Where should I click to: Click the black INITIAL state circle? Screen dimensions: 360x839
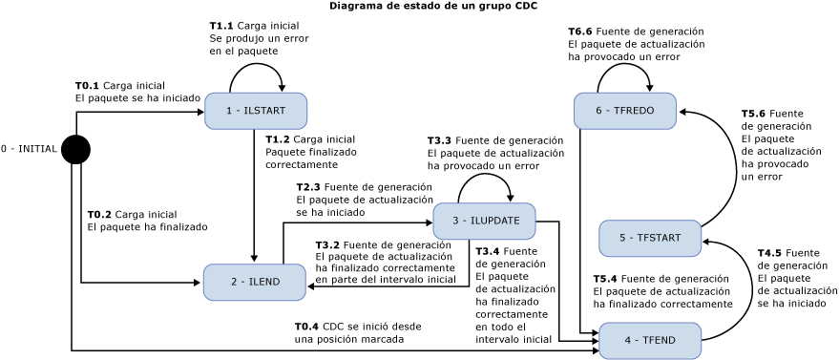[x=75, y=150]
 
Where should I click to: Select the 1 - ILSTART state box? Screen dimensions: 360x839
[x=255, y=111]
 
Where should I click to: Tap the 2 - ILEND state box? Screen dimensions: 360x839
[x=255, y=282]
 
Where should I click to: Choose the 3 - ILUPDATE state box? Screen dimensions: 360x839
[x=484, y=221]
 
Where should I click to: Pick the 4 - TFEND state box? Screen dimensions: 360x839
[x=649, y=340]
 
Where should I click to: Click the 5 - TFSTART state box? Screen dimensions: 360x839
[x=649, y=238]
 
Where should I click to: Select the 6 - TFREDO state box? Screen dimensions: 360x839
[x=624, y=111]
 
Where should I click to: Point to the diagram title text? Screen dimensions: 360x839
[x=433, y=6]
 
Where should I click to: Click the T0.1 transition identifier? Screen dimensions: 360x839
[x=87, y=86]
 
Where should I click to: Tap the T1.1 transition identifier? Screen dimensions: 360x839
[x=221, y=26]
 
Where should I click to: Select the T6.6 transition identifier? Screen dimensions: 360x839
[x=580, y=32]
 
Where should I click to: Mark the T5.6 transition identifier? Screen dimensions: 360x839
[x=753, y=114]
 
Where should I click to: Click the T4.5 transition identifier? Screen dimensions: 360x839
[x=769, y=253]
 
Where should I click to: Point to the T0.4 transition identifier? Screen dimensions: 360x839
[x=306, y=327]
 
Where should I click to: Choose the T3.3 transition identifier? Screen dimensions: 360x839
[x=439, y=140]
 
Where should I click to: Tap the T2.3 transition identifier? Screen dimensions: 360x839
[x=308, y=187]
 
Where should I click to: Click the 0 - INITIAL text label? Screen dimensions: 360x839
[x=29, y=149]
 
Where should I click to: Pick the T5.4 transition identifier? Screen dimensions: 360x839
[x=605, y=279]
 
